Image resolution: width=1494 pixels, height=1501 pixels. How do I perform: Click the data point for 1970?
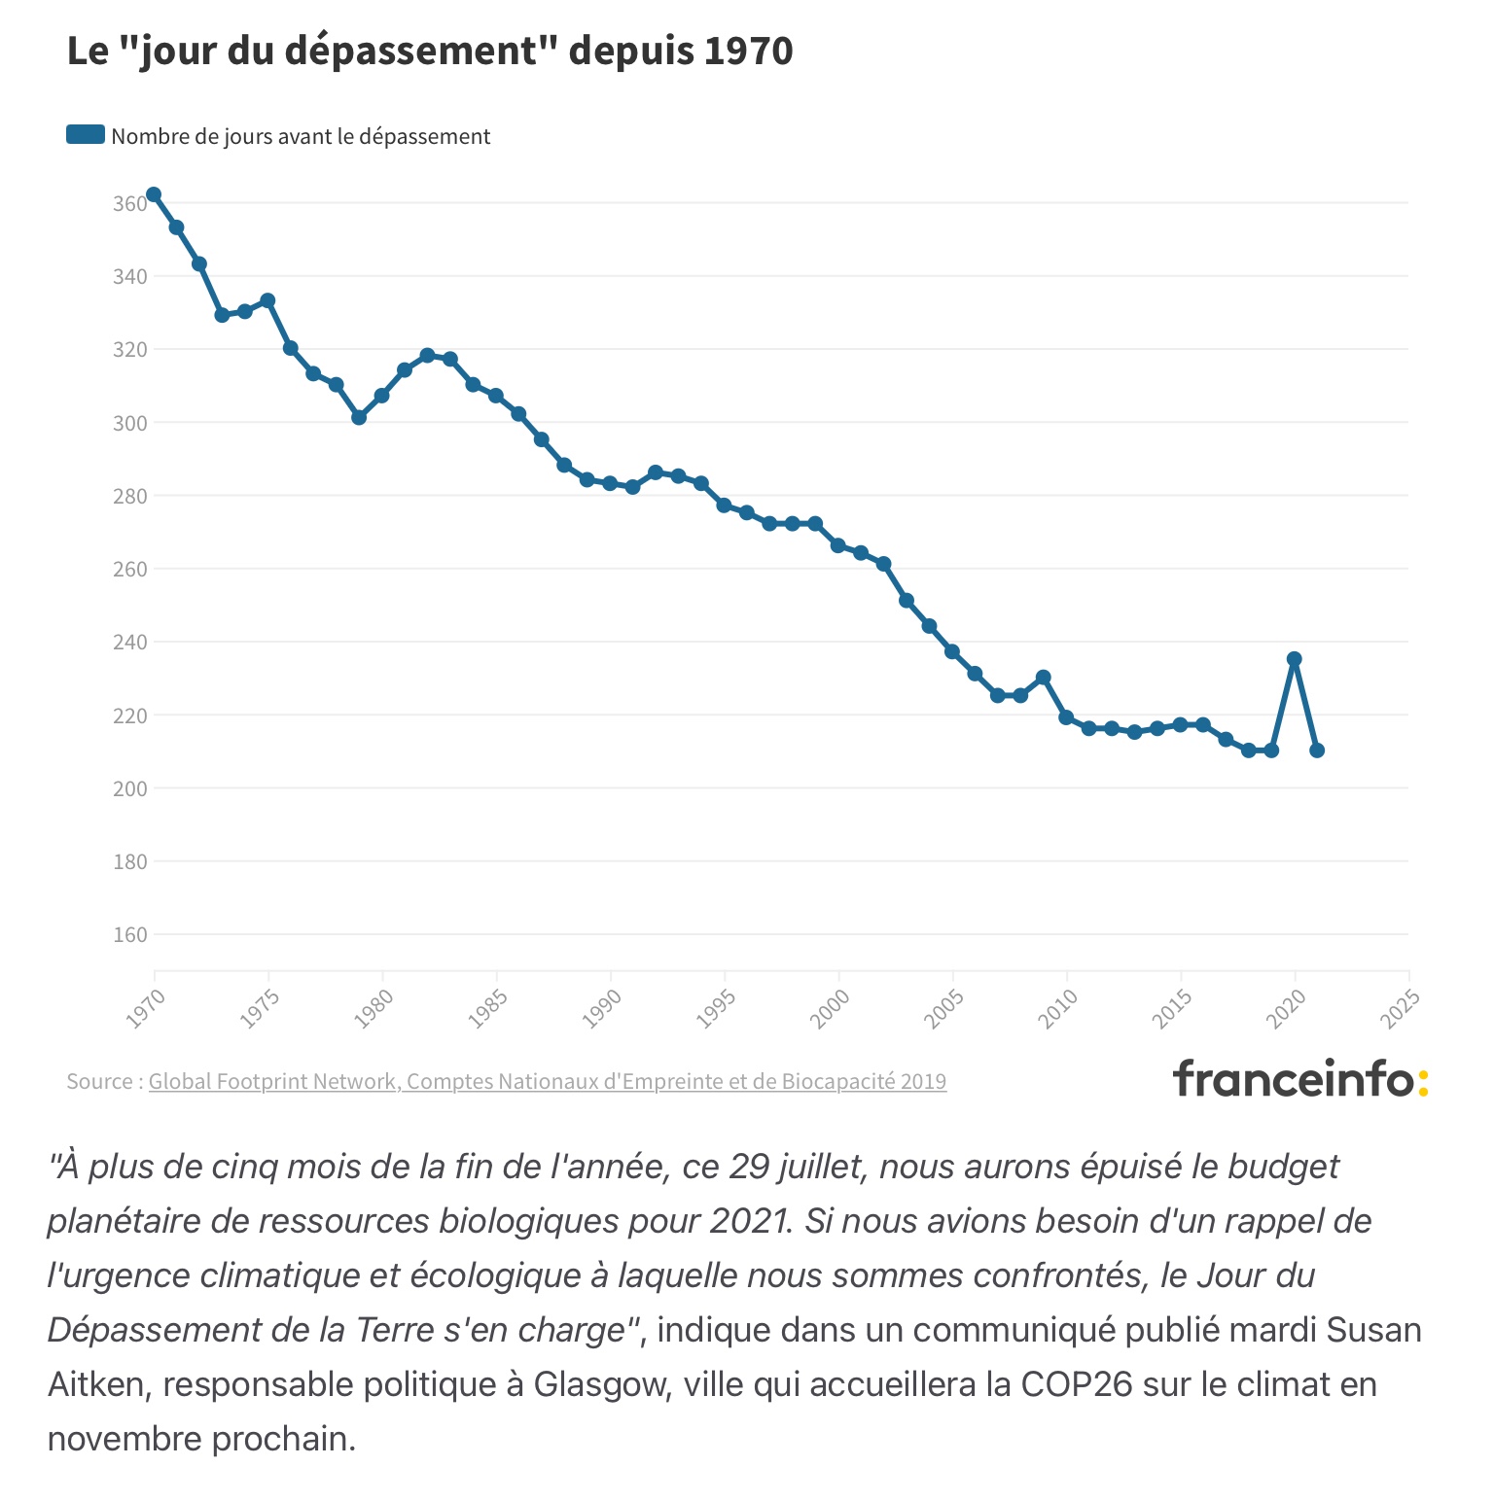point(154,195)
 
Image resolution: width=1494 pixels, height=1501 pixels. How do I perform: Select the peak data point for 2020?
point(1295,659)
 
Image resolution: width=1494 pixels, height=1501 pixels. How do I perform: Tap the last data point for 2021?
point(1317,750)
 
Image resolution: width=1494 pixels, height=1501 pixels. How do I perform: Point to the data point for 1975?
point(267,300)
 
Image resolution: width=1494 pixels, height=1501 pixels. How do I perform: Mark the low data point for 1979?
point(359,417)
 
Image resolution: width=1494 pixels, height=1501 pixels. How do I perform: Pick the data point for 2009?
point(1044,677)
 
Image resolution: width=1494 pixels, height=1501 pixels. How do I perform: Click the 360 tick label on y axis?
point(129,204)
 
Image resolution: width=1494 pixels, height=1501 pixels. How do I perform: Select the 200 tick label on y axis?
point(129,788)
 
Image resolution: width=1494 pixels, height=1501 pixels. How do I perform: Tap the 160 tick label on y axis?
point(129,935)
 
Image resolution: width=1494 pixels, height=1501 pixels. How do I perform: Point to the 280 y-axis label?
point(129,496)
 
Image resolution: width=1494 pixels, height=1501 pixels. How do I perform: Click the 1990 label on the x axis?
point(602,1008)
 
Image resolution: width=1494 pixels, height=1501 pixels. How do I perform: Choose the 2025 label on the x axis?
point(1401,1008)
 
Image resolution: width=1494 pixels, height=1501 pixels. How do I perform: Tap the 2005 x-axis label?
point(944,1008)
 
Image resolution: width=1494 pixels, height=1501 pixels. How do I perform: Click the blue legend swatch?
point(86,135)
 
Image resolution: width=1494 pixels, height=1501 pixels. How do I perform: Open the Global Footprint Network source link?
point(547,1081)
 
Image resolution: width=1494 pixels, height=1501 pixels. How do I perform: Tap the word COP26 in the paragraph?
point(1077,1383)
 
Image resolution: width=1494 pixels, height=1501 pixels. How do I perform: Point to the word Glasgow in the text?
point(603,1383)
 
